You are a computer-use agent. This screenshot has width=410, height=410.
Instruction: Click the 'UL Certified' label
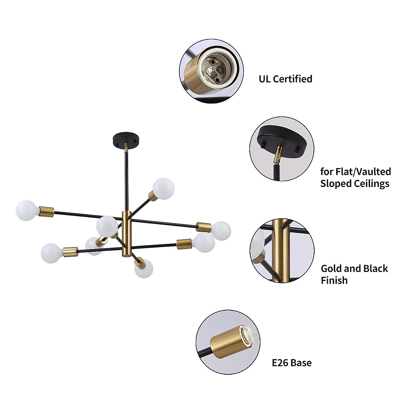(x=285, y=79)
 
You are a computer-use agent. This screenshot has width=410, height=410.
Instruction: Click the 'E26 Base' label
(x=291, y=363)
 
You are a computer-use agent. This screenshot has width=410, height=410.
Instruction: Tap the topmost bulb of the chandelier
(x=164, y=188)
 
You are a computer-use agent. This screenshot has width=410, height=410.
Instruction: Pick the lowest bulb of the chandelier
(x=143, y=269)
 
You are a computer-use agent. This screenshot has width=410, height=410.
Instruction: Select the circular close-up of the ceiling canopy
(x=282, y=149)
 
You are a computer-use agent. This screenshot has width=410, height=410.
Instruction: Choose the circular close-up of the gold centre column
(x=282, y=251)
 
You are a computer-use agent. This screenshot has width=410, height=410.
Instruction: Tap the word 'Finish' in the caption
(x=334, y=281)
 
